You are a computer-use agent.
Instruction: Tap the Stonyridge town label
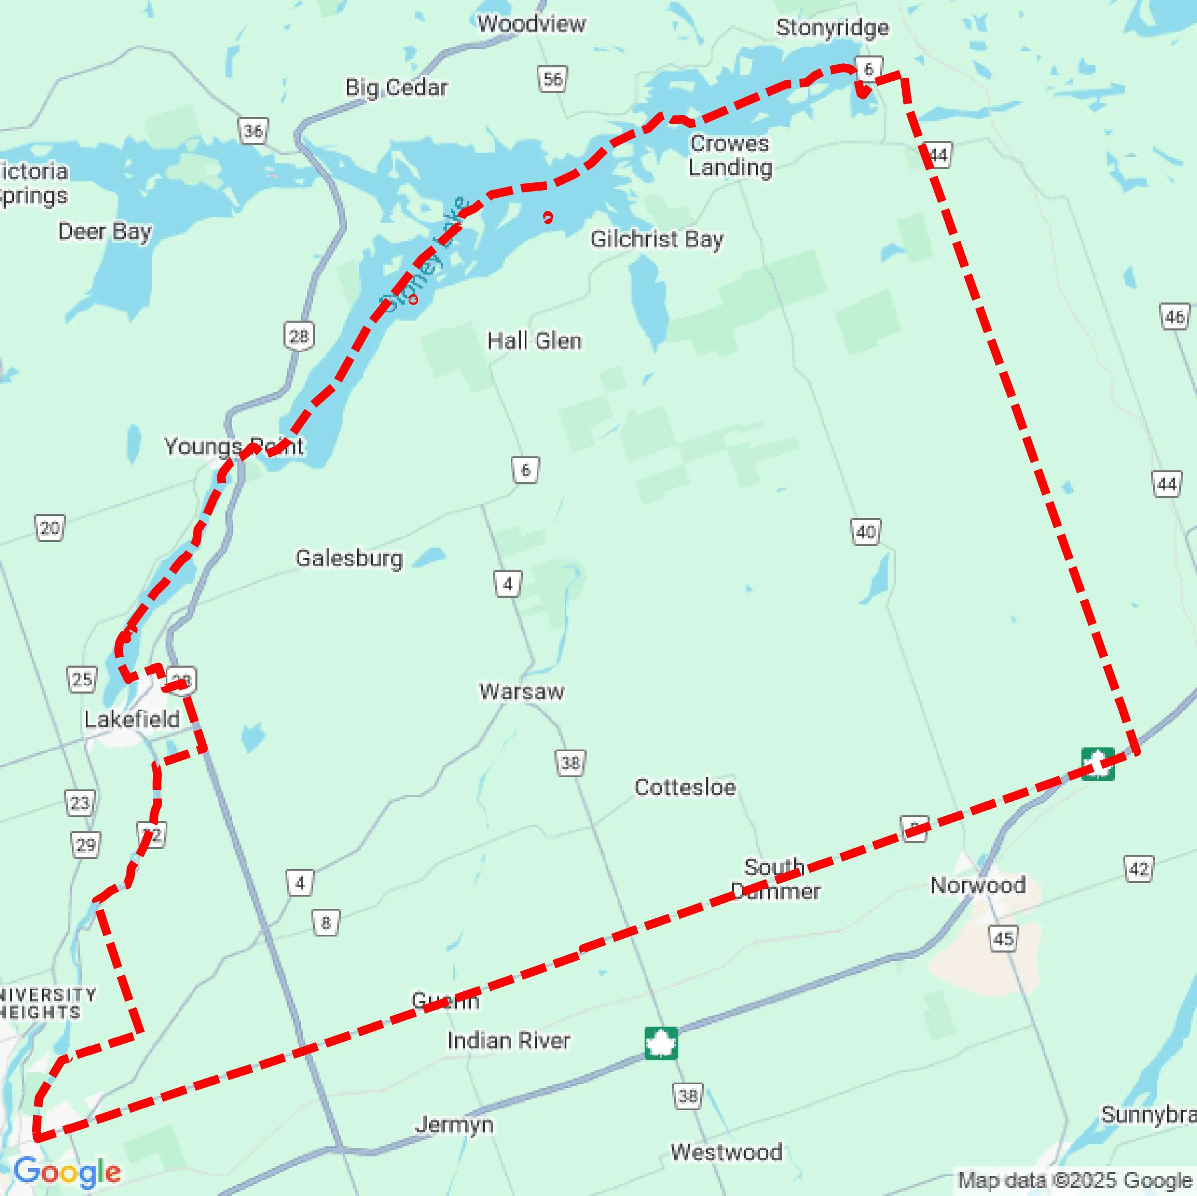pos(832,28)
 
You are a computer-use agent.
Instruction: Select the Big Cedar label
pos(396,88)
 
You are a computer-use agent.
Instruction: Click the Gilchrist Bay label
pos(657,239)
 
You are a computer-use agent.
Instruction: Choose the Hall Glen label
pos(534,341)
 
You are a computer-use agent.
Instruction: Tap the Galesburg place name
pos(349,558)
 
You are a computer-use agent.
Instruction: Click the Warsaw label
pos(522,691)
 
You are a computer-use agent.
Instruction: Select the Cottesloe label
pos(685,787)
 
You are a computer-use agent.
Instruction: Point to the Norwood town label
pos(978,885)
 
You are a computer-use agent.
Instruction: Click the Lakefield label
pos(132,719)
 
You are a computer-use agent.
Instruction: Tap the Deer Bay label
pos(105,232)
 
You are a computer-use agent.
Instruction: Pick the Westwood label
pos(726,1152)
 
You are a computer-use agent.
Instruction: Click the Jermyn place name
pos(454,1124)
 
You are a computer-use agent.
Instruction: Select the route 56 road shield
pos(552,79)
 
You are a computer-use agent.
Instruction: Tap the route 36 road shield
pos(253,131)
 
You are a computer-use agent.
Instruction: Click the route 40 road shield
pos(865,531)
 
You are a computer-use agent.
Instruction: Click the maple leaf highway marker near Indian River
pos(661,1044)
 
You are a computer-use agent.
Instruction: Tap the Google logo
pos(67,1172)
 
